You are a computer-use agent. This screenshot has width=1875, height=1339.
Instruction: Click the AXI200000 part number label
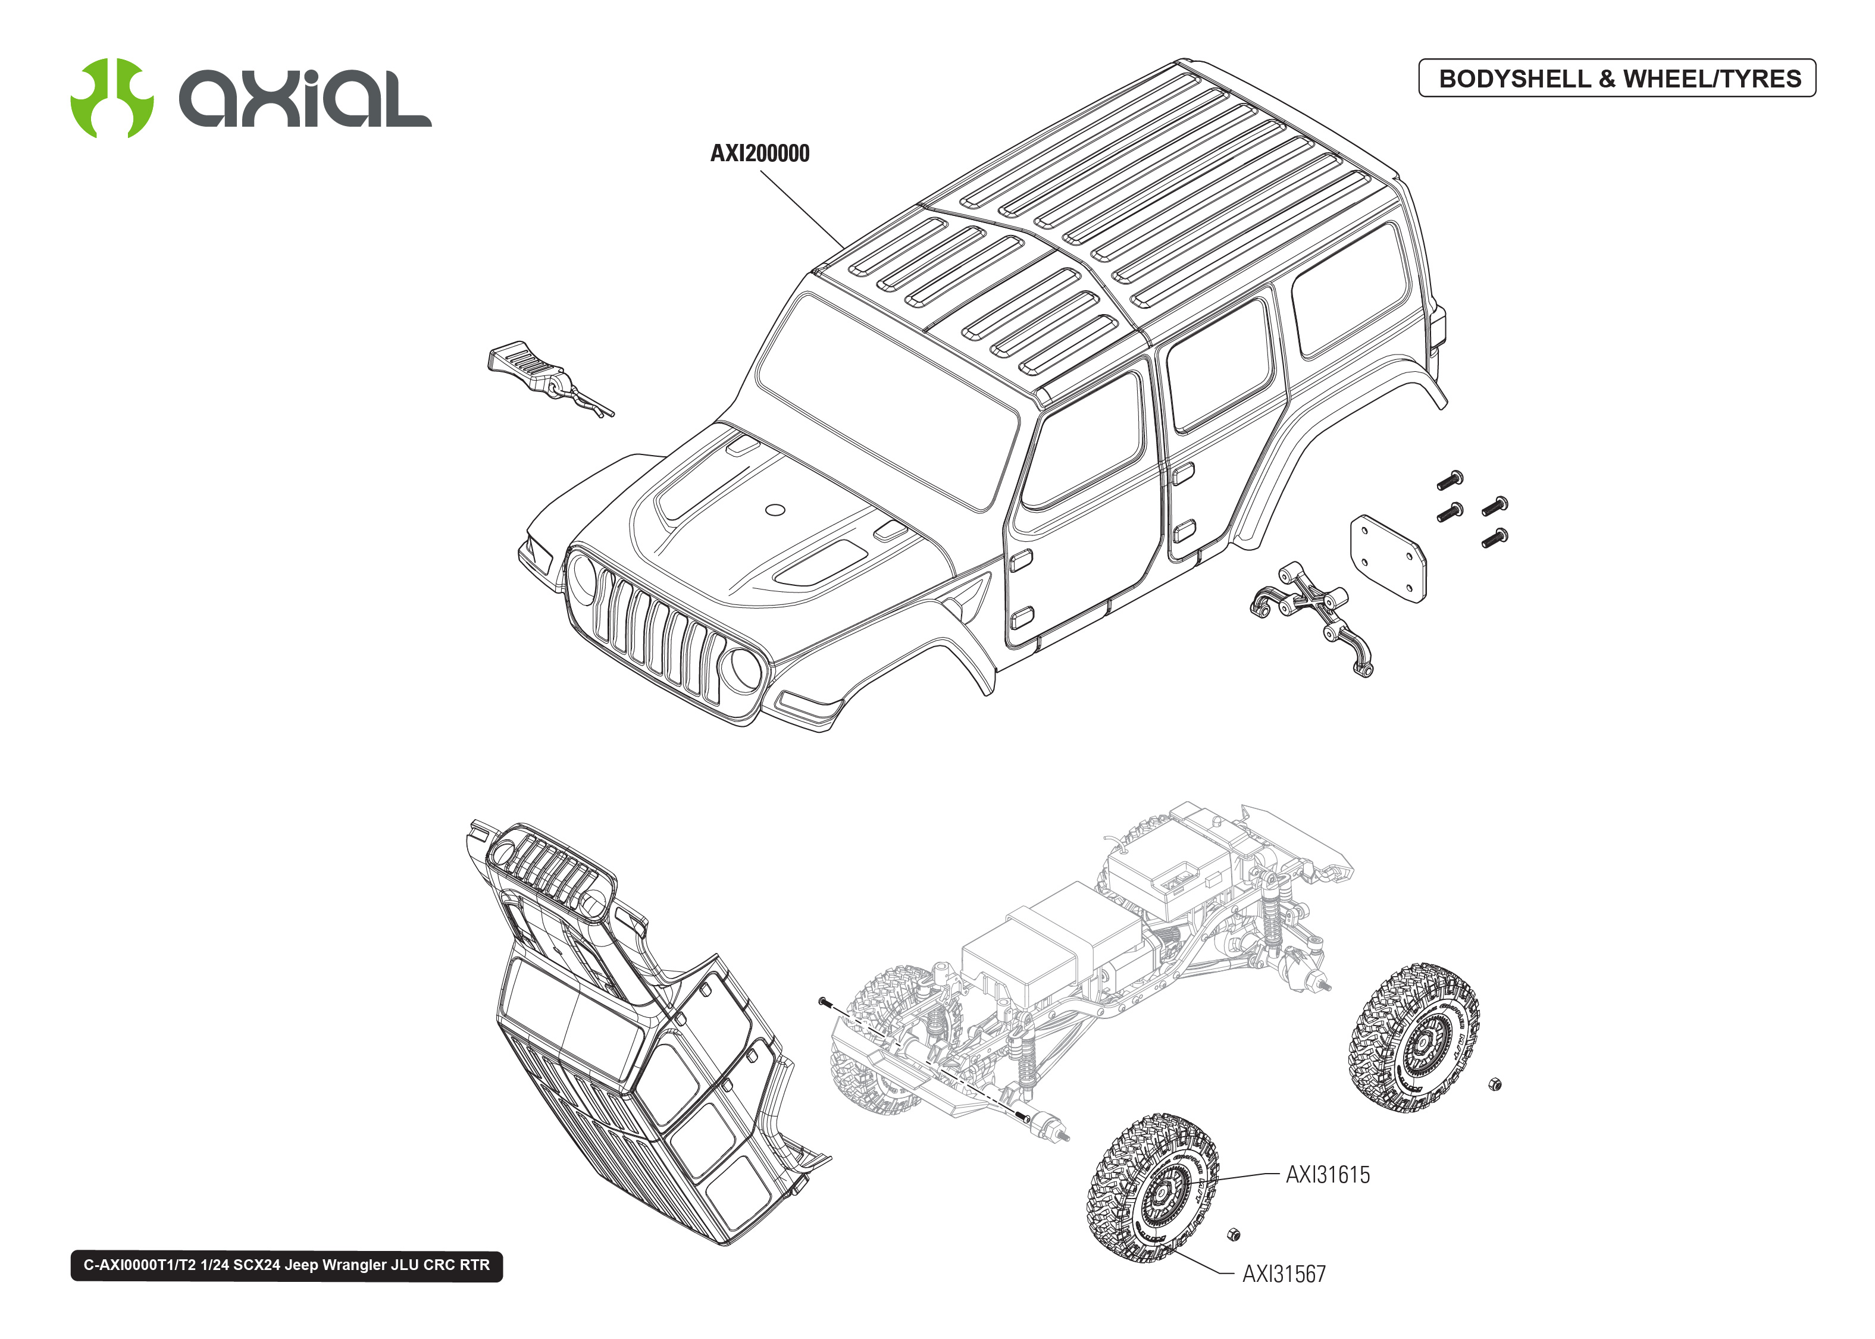[759, 153]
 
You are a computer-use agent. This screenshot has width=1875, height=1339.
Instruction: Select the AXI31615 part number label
[1328, 1175]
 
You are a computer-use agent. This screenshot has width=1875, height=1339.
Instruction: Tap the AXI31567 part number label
[1284, 1274]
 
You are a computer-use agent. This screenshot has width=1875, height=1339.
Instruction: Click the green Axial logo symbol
[111, 98]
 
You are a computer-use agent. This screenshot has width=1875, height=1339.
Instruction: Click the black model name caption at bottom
[286, 1265]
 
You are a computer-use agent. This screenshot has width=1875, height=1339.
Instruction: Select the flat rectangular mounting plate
[1388, 559]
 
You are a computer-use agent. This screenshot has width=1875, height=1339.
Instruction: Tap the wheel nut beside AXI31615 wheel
[1234, 1234]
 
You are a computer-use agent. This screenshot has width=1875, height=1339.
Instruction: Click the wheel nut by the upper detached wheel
[1495, 1084]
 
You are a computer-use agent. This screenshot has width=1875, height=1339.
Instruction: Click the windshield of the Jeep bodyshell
[887, 404]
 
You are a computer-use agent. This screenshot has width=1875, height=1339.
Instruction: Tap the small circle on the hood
[775, 510]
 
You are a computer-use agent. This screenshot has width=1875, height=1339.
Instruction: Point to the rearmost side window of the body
[1348, 289]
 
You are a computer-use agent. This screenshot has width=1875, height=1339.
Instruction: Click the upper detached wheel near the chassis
[1414, 1039]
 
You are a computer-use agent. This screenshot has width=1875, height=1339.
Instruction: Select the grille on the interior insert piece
[548, 870]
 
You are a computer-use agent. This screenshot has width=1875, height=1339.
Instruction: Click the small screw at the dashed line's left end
[823, 1001]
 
